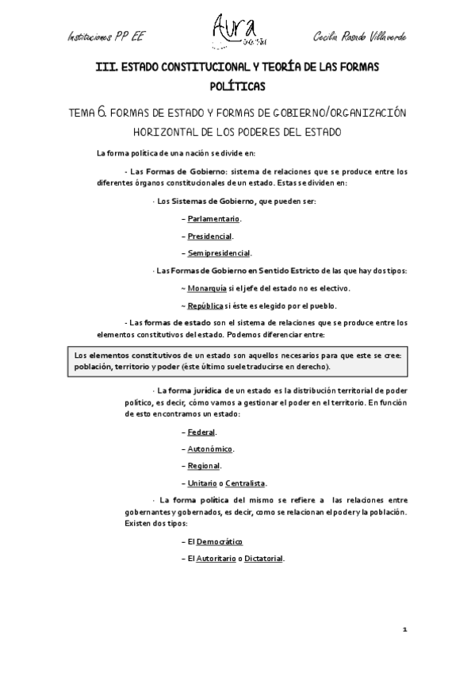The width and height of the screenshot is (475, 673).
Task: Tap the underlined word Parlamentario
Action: point(213,218)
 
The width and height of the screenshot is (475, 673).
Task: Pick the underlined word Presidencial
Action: point(209,236)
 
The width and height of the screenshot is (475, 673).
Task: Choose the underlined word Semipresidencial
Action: point(219,253)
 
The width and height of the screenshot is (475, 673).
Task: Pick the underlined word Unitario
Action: point(202,483)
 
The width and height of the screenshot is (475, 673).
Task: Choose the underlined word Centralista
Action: point(246,483)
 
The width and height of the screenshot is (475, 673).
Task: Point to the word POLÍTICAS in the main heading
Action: point(237,86)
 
